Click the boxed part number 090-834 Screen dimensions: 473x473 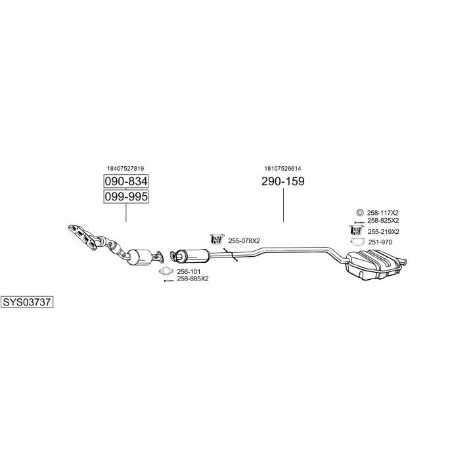point(126,181)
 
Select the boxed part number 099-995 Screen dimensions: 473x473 point(126,196)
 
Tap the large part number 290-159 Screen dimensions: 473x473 point(283,181)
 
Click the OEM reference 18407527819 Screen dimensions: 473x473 point(125,168)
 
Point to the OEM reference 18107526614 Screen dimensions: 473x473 point(282,168)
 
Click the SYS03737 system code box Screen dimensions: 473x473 point(27,302)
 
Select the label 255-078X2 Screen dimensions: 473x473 point(244,240)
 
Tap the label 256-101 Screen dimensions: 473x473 point(189,271)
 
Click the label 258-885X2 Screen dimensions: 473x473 point(192,279)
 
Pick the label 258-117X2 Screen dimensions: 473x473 point(383,213)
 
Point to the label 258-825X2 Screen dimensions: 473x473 point(383,221)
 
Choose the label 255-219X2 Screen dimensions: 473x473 point(384,232)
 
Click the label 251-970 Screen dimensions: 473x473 point(380,242)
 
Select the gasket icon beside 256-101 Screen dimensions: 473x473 point(166,271)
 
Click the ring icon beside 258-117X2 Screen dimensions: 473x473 point(359,213)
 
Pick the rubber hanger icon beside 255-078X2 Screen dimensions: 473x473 point(217,238)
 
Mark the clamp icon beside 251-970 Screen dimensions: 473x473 point(358,241)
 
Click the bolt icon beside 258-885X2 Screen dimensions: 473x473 point(168,281)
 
